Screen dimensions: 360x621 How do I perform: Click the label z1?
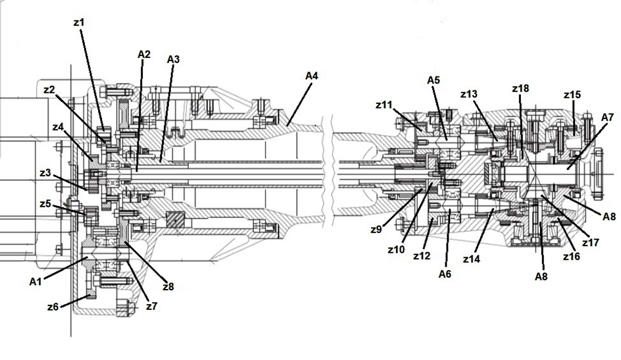pyautogui.click(x=79, y=22)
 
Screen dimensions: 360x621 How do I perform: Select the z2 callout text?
pyautogui.click(x=49, y=90)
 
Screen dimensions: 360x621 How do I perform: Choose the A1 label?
pyautogui.click(x=37, y=281)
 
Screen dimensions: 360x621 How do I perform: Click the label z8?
pyautogui.click(x=168, y=286)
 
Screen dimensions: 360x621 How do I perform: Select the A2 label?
pyautogui.click(x=145, y=53)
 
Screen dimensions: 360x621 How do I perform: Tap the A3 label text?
pyautogui.click(x=173, y=59)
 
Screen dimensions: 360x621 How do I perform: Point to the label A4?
pyautogui.click(x=312, y=76)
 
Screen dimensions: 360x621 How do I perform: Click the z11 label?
pyautogui.click(x=384, y=104)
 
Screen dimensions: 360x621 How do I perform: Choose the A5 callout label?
pyautogui.click(x=433, y=80)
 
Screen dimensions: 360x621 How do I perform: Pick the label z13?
pyautogui.click(x=469, y=94)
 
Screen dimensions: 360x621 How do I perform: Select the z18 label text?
pyautogui.click(x=520, y=89)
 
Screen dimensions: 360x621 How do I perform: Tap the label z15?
pyautogui.click(x=572, y=95)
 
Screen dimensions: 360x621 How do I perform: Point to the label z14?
pyautogui.click(x=471, y=260)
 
